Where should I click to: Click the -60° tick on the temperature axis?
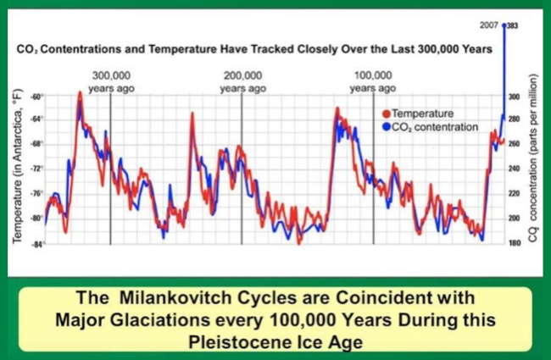[36, 97]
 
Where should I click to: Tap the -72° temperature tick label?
[36, 169]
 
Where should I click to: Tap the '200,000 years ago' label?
[242, 80]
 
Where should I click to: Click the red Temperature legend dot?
[387, 114]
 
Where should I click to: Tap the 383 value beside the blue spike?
[513, 27]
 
